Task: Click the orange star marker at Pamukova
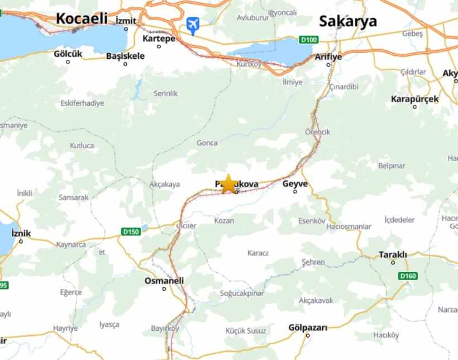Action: (x=228, y=183)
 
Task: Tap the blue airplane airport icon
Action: (x=193, y=25)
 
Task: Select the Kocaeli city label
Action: (x=82, y=18)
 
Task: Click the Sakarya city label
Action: (x=348, y=22)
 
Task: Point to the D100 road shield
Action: (x=308, y=40)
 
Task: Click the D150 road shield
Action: (x=130, y=231)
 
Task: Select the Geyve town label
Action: (x=295, y=183)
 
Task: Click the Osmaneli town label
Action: (x=164, y=281)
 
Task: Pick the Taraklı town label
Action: (x=393, y=254)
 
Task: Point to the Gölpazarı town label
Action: (x=307, y=327)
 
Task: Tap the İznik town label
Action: (x=21, y=234)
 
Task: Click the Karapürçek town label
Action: (x=414, y=99)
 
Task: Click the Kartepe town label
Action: (x=159, y=39)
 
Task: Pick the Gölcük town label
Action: (x=68, y=54)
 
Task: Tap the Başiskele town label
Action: (x=125, y=56)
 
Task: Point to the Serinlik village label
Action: (x=165, y=93)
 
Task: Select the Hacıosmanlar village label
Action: (x=349, y=226)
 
